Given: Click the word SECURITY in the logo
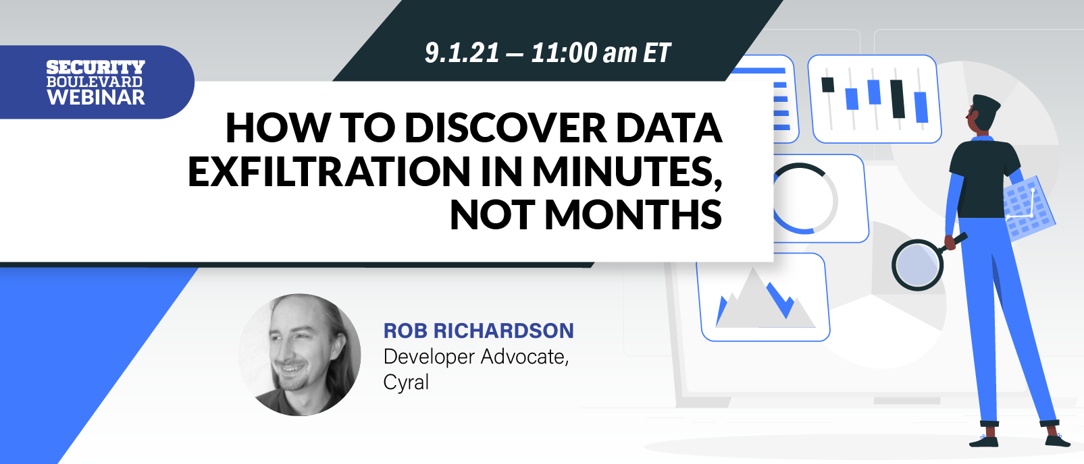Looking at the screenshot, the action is pyautogui.click(x=95, y=67).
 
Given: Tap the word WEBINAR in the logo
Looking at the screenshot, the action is pyautogui.click(x=96, y=97).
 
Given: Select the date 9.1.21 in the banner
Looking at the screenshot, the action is pyautogui.click(x=462, y=53).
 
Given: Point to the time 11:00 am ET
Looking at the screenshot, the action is pyautogui.click(x=600, y=53).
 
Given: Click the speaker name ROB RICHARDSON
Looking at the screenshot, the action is pyautogui.click(x=479, y=330).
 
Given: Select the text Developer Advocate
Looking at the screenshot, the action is pyautogui.click(x=475, y=357).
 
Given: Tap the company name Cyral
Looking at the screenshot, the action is pyautogui.click(x=406, y=382).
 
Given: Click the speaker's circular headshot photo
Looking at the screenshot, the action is pyautogui.click(x=300, y=355).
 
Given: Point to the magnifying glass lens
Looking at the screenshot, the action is pyautogui.click(x=917, y=265).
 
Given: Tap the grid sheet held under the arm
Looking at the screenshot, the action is pyautogui.click(x=1029, y=208).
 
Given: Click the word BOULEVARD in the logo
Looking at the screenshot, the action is pyautogui.click(x=95, y=82).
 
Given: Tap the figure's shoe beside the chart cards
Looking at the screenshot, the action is pyautogui.click(x=983, y=441).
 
